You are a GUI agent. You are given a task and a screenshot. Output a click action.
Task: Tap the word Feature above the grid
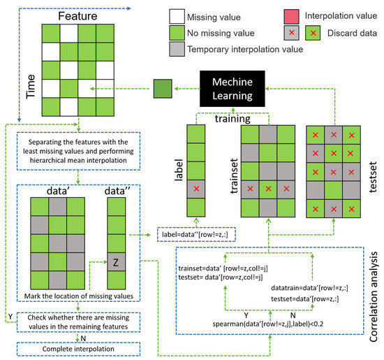point(77,15)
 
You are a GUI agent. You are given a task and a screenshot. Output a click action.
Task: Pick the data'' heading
point(116,189)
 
